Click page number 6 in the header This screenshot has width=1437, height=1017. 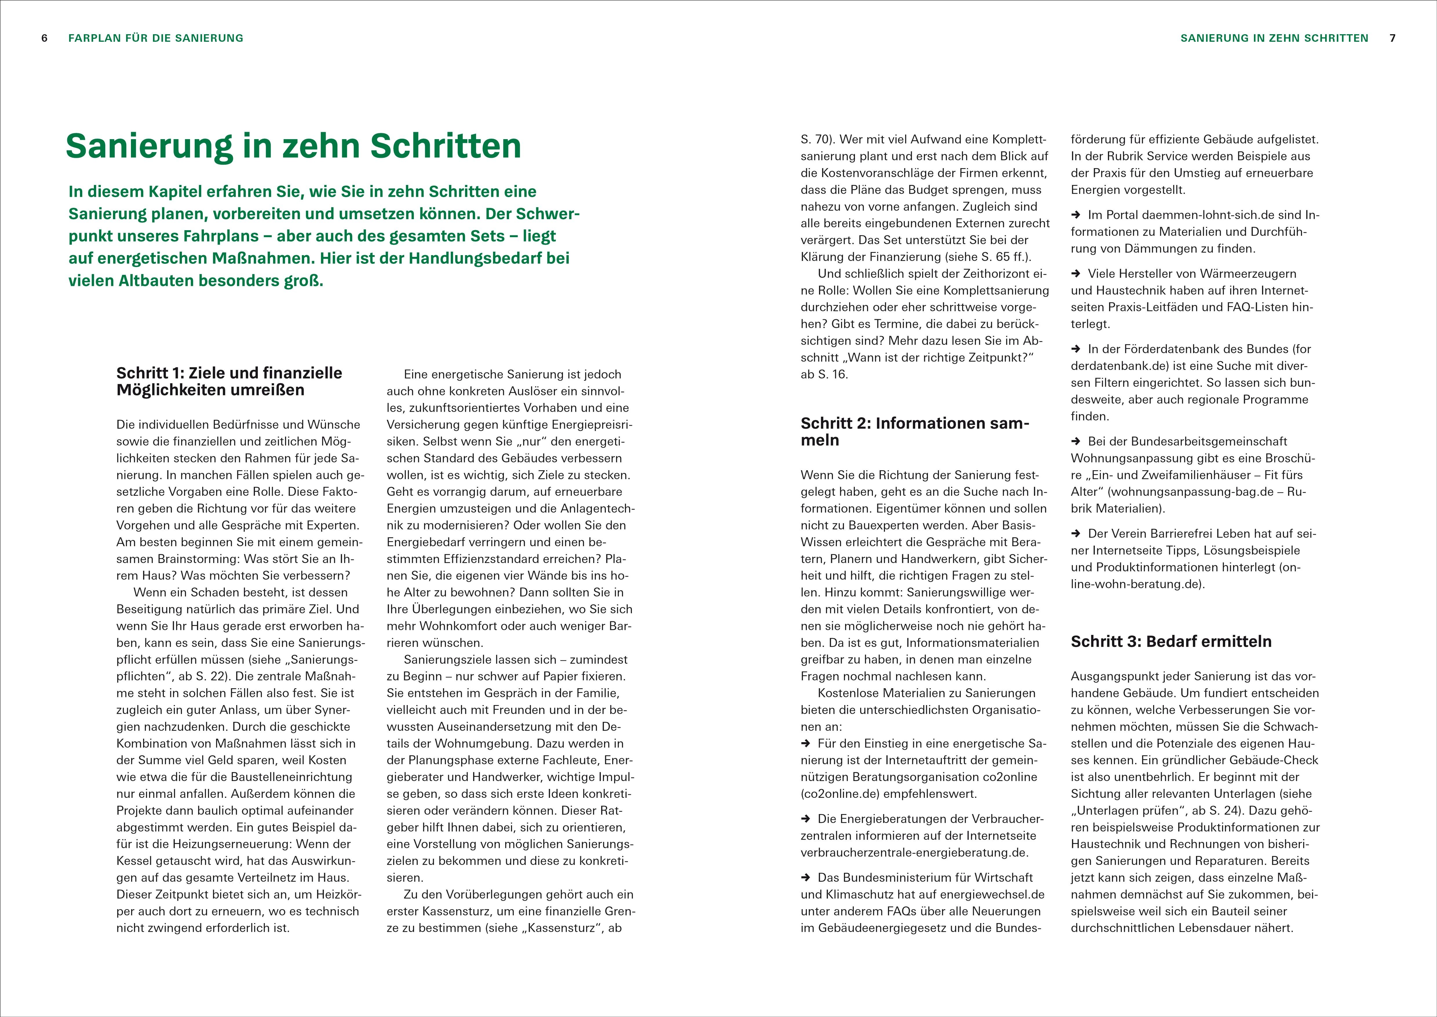pos(44,38)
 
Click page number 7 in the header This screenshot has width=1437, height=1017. pos(1393,38)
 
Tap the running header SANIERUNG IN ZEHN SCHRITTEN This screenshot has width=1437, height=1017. pos(1274,38)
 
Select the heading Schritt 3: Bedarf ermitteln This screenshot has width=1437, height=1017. pos(1171,641)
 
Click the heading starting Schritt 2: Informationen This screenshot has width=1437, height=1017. pos(914,423)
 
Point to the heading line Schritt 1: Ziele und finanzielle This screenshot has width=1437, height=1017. pos(229,373)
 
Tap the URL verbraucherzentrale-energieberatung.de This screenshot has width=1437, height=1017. pos(914,852)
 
